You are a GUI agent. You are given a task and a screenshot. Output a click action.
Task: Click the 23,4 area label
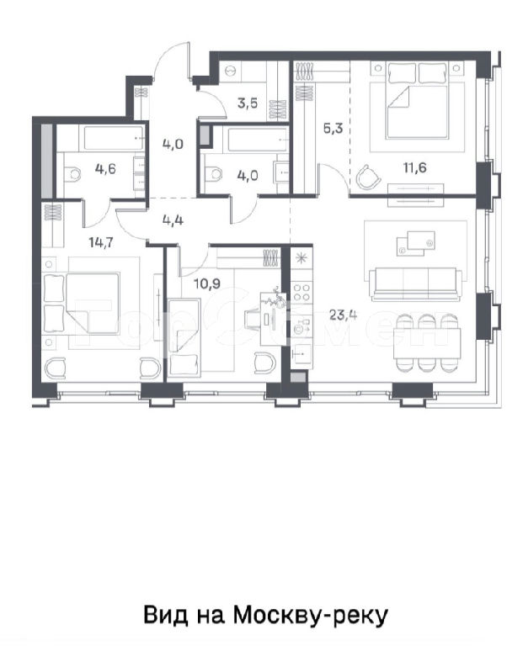pyautogui.click(x=343, y=315)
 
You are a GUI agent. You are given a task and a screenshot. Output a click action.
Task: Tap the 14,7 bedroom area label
pyautogui.click(x=101, y=242)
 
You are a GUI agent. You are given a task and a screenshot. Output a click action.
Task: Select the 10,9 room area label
pyautogui.click(x=206, y=283)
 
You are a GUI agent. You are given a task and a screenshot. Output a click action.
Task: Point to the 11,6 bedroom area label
pyautogui.click(x=414, y=167)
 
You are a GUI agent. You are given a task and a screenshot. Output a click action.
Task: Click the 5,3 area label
pyautogui.click(x=333, y=129)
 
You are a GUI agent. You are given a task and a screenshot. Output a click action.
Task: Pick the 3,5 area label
pyautogui.click(x=248, y=103)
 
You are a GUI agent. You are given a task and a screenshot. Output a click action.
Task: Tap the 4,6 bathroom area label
pyautogui.click(x=105, y=168)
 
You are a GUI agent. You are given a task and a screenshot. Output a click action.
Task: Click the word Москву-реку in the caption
pyautogui.click(x=311, y=616)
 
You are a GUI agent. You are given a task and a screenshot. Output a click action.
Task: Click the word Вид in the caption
pyautogui.click(x=165, y=616)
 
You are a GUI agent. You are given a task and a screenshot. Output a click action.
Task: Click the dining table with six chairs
pyautogui.click(x=427, y=343)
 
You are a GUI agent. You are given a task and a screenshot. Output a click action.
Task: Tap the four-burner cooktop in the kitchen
pyautogui.click(x=302, y=292)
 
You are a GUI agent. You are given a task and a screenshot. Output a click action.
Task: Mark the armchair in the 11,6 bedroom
pyautogui.click(x=367, y=177)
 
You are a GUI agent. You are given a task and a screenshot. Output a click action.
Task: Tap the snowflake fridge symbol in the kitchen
pyautogui.click(x=302, y=258)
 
